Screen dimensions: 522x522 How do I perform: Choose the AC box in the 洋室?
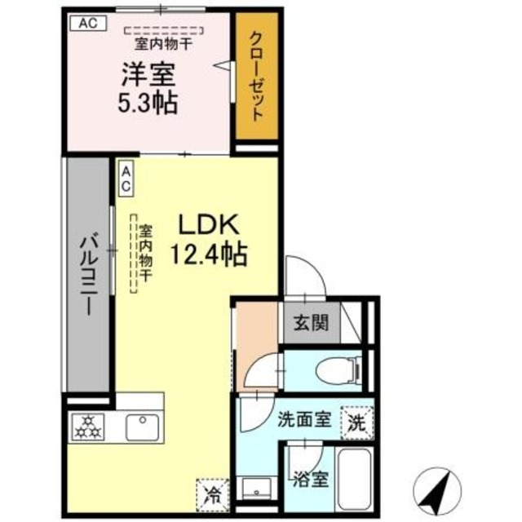(87, 23)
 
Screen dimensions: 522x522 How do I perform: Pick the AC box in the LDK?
(127, 178)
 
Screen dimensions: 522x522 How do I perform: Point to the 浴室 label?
(310, 477)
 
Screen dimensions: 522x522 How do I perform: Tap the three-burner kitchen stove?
(86, 428)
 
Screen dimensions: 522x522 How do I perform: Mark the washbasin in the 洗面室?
(259, 489)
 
